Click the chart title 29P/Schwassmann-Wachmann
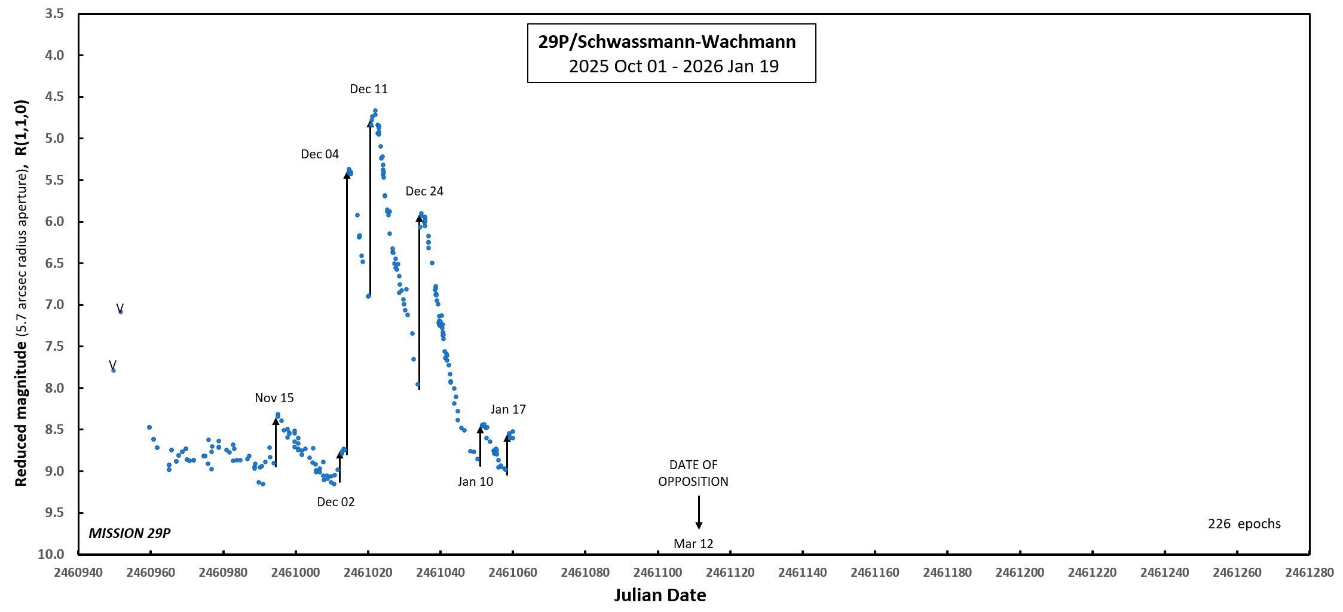pyautogui.click(x=666, y=42)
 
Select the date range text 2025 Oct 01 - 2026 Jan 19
pyautogui.click(x=674, y=66)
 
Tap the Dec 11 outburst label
pyautogui.click(x=369, y=89)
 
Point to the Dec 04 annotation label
pyautogui.click(x=320, y=154)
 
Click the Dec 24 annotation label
pyautogui.click(x=424, y=191)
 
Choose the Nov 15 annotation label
pyautogui.click(x=274, y=398)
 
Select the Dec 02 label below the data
pyautogui.click(x=336, y=502)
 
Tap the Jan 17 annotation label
pyautogui.click(x=508, y=409)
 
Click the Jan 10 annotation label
pyautogui.click(x=475, y=482)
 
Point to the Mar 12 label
pyautogui.click(x=693, y=544)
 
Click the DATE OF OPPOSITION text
pyautogui.click(x=693, y=473)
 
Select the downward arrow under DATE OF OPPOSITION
pyautogui.click(x=699, y=512)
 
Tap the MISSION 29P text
pyautogui.click(x=130, y=533)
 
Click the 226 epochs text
pyautogui.click(x=1244, y=524)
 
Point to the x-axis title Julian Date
pyautogui.click(x=660, y=595)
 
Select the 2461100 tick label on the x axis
pyautogui.click(x=657, y=573)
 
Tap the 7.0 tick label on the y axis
pyautogui.click(x=54, y=305)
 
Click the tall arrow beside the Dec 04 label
pyautogui.click(x=347, y=311)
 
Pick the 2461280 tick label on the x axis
pyautogui.click(x=1310, y=573)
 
